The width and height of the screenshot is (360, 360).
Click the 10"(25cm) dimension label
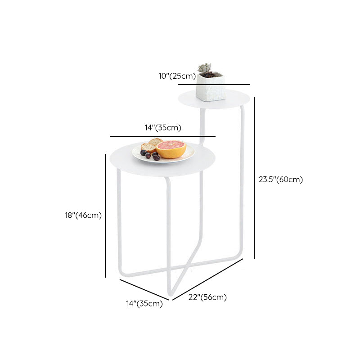177,76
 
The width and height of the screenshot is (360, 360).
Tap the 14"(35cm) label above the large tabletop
163,128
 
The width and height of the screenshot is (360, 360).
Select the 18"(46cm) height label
83,215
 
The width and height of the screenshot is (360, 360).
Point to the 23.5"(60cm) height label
281,180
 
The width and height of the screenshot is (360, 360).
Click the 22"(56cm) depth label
208,297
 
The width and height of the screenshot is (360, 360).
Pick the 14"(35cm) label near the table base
144,304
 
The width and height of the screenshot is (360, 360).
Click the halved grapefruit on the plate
171,149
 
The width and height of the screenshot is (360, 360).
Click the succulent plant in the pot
205,69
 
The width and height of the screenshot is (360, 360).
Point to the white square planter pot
211,89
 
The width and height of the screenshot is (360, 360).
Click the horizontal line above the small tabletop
214,84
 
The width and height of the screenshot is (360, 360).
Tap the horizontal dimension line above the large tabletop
162,136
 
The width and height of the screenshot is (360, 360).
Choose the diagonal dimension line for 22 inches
208,279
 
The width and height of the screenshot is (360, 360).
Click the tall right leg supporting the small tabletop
242,180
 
